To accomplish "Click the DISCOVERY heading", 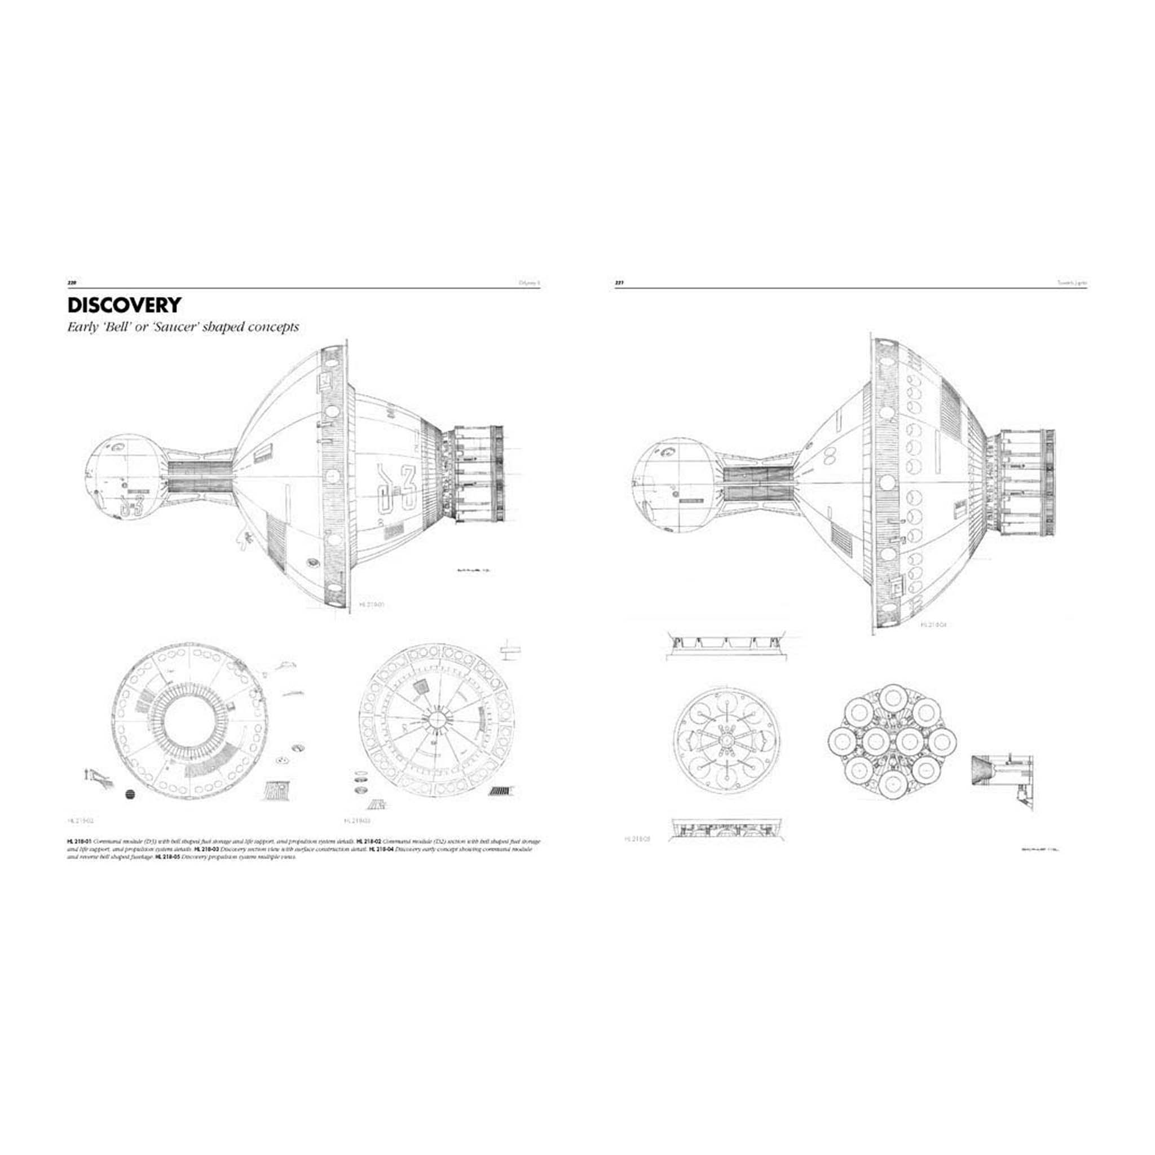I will pyautogui.click(x=124, y=305).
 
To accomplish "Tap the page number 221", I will pyautogui.click(x=620, y=283).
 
